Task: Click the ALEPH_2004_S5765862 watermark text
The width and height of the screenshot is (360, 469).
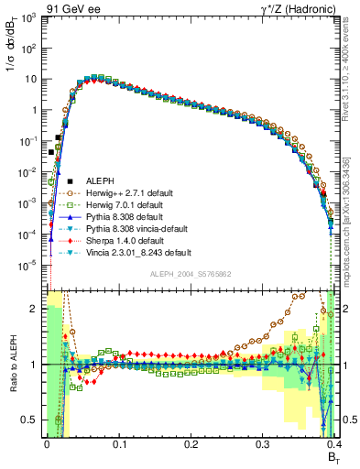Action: [191, 274]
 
